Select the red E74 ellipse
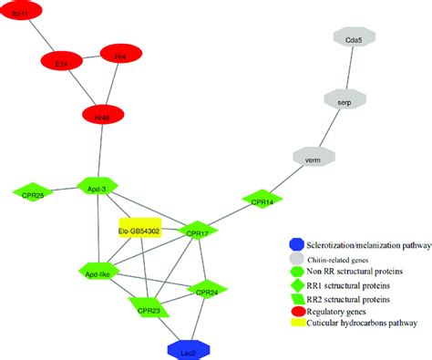(62, 62)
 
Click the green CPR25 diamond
(34, 192)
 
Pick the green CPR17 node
(198, 231)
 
